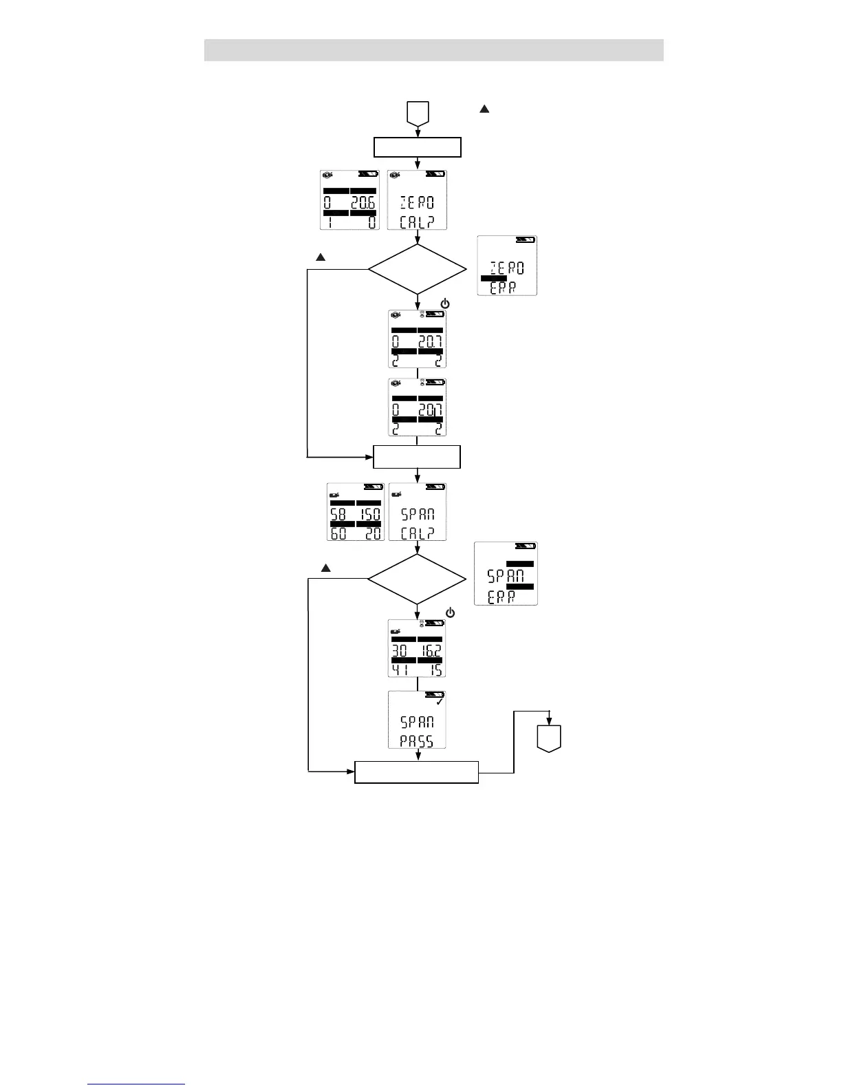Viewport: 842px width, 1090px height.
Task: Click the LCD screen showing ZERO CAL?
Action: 417,200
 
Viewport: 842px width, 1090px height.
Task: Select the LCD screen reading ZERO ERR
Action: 507,266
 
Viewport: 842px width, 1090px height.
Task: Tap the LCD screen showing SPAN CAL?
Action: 417,512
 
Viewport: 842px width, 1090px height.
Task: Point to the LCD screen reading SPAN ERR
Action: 506,574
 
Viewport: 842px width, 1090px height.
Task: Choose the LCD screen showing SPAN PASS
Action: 417,720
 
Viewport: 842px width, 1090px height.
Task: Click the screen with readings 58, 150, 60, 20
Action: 355,512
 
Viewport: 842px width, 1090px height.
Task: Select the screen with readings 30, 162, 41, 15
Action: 417,648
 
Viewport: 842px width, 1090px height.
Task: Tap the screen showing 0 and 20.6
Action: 349,200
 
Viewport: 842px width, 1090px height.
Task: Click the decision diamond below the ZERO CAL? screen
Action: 417,269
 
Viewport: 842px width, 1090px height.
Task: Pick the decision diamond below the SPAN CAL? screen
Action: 417,579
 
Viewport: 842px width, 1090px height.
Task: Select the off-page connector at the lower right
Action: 549,738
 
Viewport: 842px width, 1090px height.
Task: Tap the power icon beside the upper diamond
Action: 445,303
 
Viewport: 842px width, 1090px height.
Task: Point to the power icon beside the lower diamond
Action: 450,612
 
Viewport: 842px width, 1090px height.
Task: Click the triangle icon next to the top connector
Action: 484,109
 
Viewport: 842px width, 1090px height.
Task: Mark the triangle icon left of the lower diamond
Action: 326,568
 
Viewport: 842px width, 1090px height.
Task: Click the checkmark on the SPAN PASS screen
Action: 440,702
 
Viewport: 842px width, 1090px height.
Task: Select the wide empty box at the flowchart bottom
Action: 416,772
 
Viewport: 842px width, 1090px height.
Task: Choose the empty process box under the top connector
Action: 417,148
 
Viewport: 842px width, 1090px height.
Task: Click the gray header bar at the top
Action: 433,50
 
